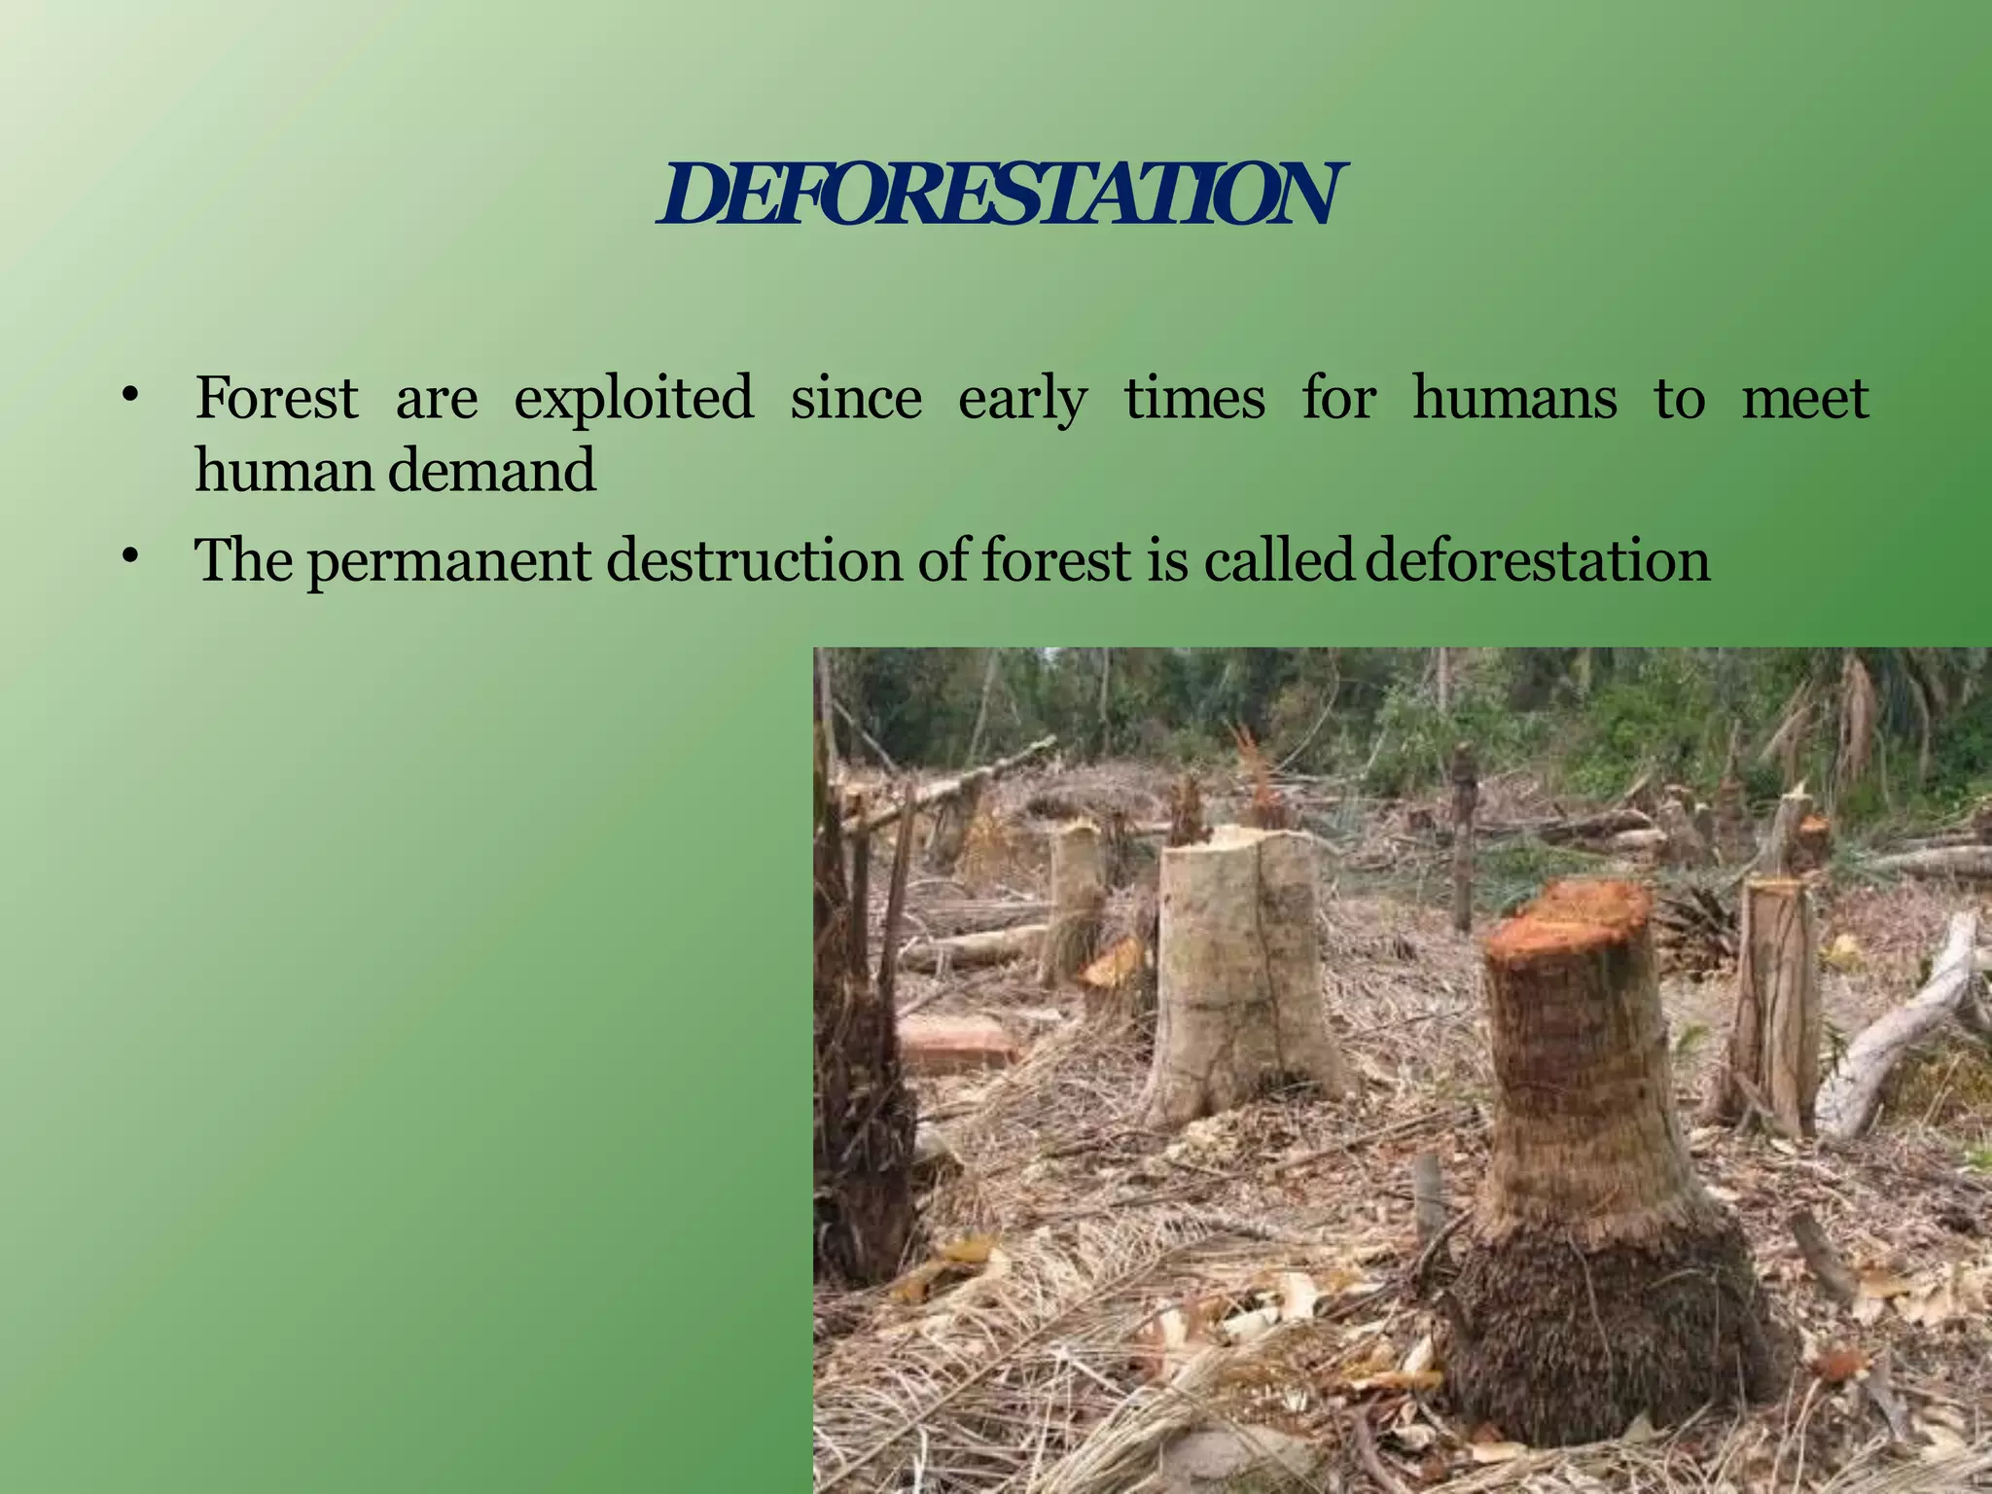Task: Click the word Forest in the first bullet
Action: pos(277,398)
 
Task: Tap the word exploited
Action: pos(633,400)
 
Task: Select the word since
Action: pos(856,398)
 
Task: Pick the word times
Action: pos(1194,398)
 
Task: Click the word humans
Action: pos(1514,398)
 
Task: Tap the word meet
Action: pos(1805,398)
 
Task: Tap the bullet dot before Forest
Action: pos(130,396)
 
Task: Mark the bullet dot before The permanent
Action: pos(130,557)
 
